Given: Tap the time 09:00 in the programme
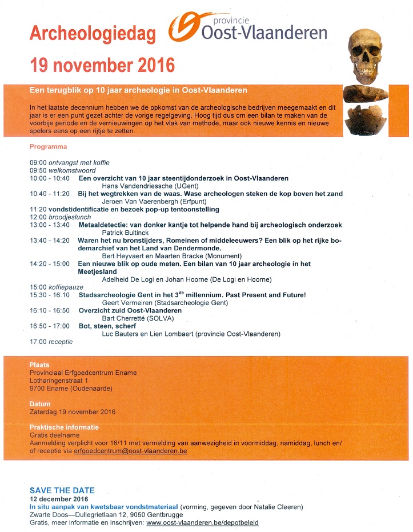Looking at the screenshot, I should (x=38, y=163).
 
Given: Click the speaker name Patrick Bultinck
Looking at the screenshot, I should (x=123, y=233).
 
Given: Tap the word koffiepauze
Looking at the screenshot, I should (x=63, y=287).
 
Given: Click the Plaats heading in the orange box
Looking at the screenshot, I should (x=39, y=365).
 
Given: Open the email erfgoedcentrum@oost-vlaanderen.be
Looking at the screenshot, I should (x=130, y=451).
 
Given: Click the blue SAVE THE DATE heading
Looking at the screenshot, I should (x=62, y=490).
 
